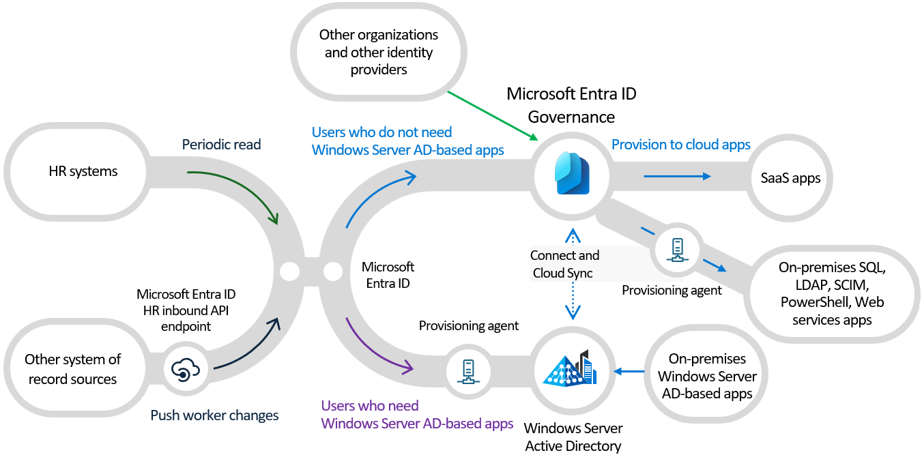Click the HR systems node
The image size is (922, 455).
tap(83, 171)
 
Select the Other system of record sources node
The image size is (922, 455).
tap(72, 369)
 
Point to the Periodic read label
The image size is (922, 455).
tap(221, 145)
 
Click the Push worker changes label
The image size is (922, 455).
tap(214, 415)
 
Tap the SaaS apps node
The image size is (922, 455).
tap(790, 178)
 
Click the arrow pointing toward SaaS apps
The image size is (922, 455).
tap(676, 176)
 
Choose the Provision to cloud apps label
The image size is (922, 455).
tap(680, 145)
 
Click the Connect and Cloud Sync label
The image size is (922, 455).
tap(564, 264)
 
